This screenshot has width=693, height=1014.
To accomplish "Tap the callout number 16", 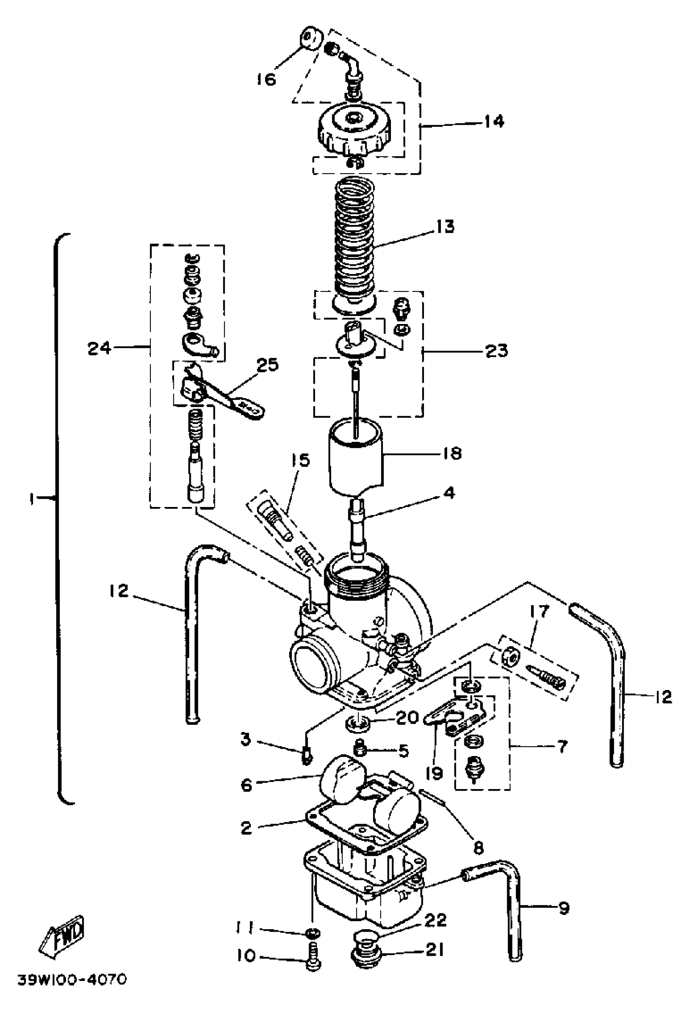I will (x=266, y=79).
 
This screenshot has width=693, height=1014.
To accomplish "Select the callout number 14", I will (x=494, y=121).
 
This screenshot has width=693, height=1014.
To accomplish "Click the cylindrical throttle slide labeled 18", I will (x=356, y=458).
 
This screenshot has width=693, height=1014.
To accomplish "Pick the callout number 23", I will (x=497, y=350).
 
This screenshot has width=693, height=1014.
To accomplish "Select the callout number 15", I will (x=301, y=460).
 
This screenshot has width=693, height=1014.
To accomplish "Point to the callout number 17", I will (x=538, y=612).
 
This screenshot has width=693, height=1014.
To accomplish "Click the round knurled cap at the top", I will (x=354, y=131).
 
